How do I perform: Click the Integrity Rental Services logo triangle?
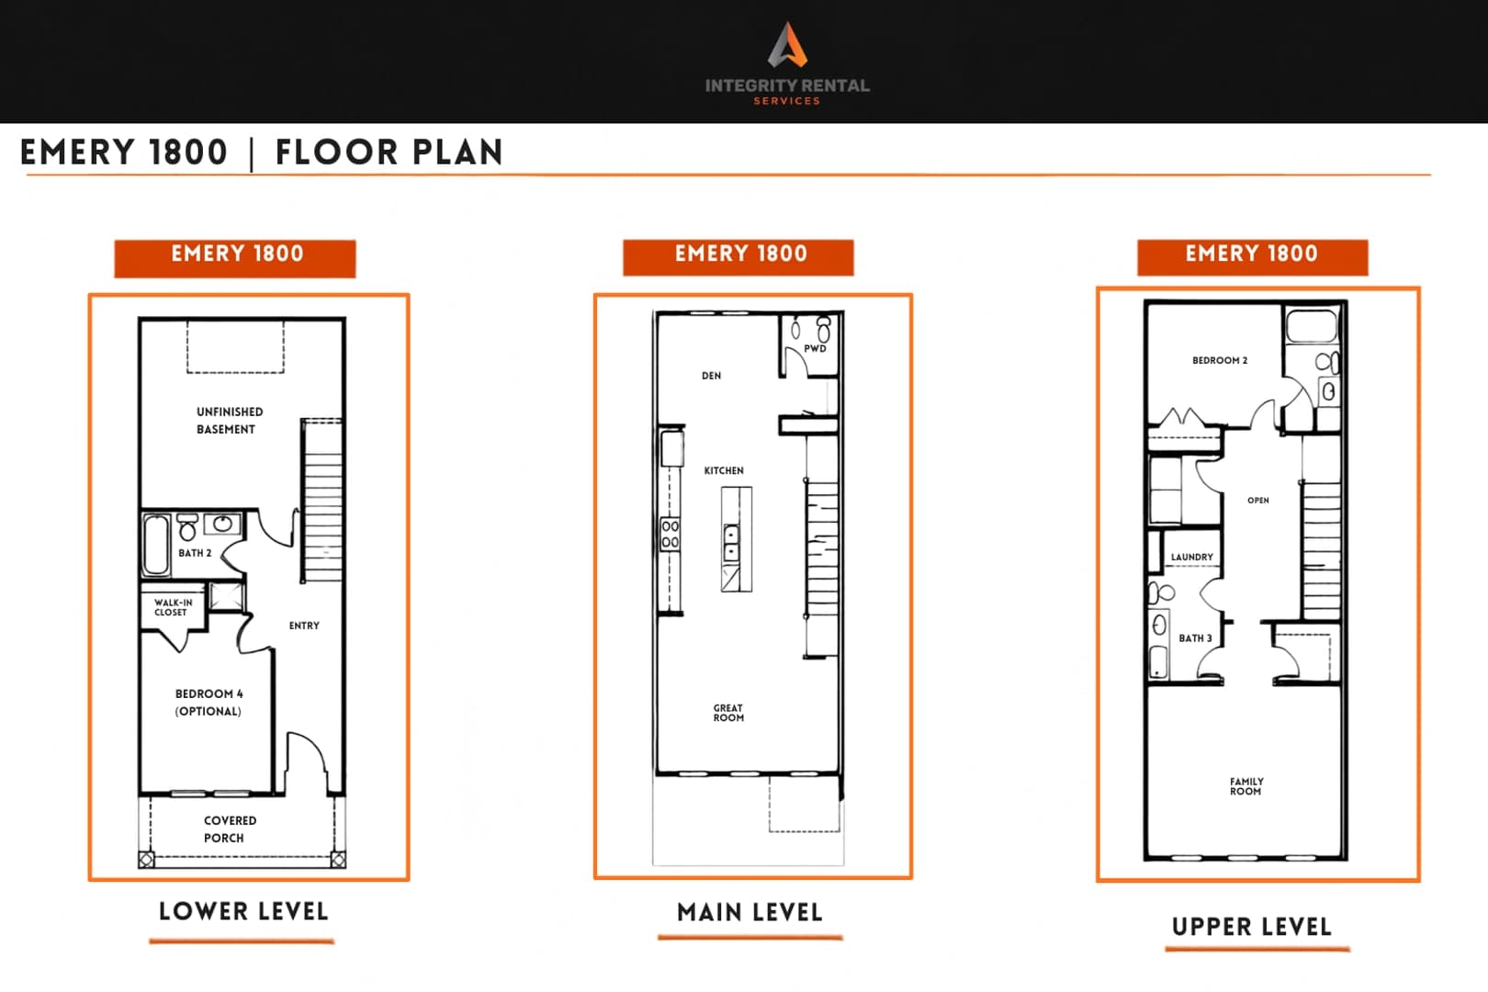point(788,44)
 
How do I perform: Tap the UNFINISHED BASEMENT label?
point(230,421)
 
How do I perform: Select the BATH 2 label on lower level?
point(195,553)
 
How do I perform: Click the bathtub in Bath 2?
point(156,544)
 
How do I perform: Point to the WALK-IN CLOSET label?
point(173,607)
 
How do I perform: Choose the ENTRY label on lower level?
point(304,626)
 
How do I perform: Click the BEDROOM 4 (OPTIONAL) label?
point(209,703)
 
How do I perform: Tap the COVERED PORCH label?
point(230,829)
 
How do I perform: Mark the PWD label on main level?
point(815,349)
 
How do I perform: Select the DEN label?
point(711,376)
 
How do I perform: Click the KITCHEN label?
point(724,470)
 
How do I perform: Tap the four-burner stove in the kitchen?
point(670,535)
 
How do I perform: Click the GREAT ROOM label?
point(728,713)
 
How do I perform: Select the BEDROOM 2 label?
point(1220,360)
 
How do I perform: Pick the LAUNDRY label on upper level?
point(1191,557)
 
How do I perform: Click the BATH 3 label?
point(1195,637)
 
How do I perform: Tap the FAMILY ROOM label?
point(1246,786)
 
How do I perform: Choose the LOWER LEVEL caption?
point(243,911)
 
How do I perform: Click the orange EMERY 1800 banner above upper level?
point(1252,257)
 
